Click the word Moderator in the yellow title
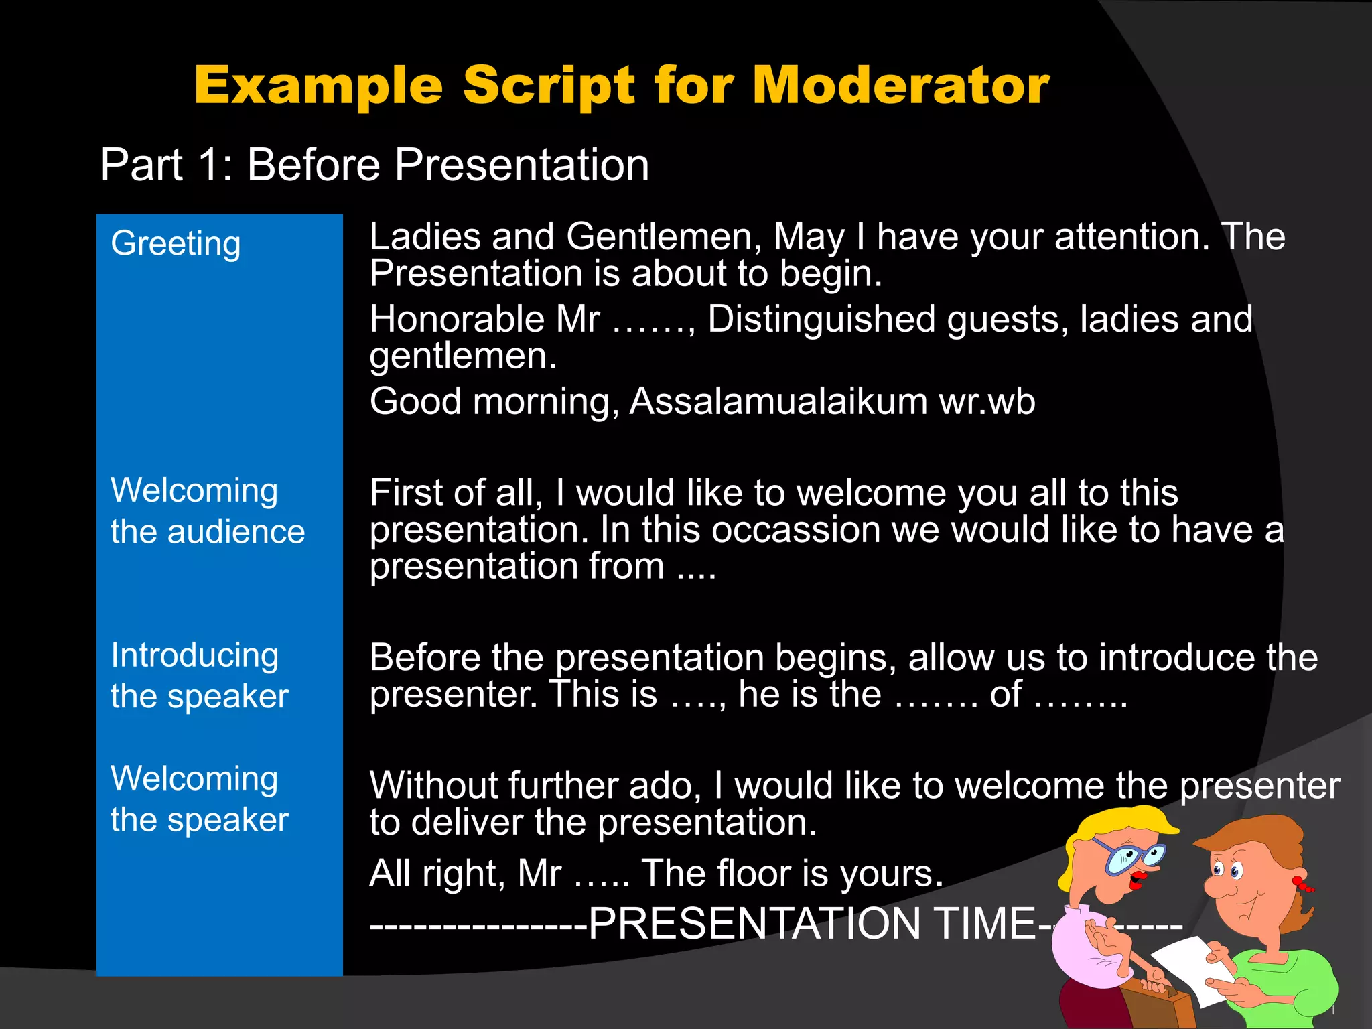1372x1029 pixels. point(900,86)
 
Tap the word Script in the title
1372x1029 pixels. point(549,86)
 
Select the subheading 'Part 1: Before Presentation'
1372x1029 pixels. point(374,165)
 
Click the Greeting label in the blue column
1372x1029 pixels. point(176,243)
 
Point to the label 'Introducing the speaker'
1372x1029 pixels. point(199,675)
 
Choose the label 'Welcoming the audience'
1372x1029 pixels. point(207,510)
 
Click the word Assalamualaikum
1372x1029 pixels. point(778,401)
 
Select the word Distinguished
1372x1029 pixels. point(821,319)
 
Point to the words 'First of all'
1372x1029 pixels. point(456,493)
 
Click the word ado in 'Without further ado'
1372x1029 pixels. point(664,785)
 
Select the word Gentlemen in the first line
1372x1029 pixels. point(663,237)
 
